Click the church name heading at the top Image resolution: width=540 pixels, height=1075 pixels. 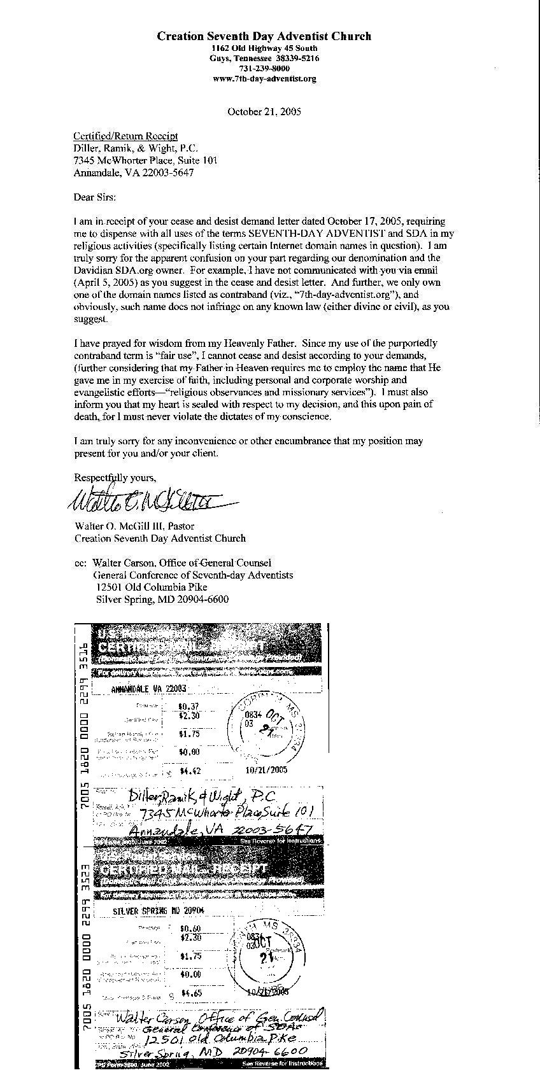coord(264,36)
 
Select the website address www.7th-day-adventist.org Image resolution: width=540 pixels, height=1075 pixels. coord(264,79)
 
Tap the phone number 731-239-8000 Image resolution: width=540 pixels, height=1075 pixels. coord(264,69)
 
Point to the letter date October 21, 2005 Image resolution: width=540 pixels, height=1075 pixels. coord(264,111)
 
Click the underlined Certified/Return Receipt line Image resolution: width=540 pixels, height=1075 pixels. coord(125,136)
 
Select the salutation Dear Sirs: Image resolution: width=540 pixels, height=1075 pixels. coord(96,197)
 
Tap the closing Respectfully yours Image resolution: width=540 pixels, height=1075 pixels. coord(115,477)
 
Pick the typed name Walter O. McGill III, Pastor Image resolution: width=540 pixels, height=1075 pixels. coord(134,526)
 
